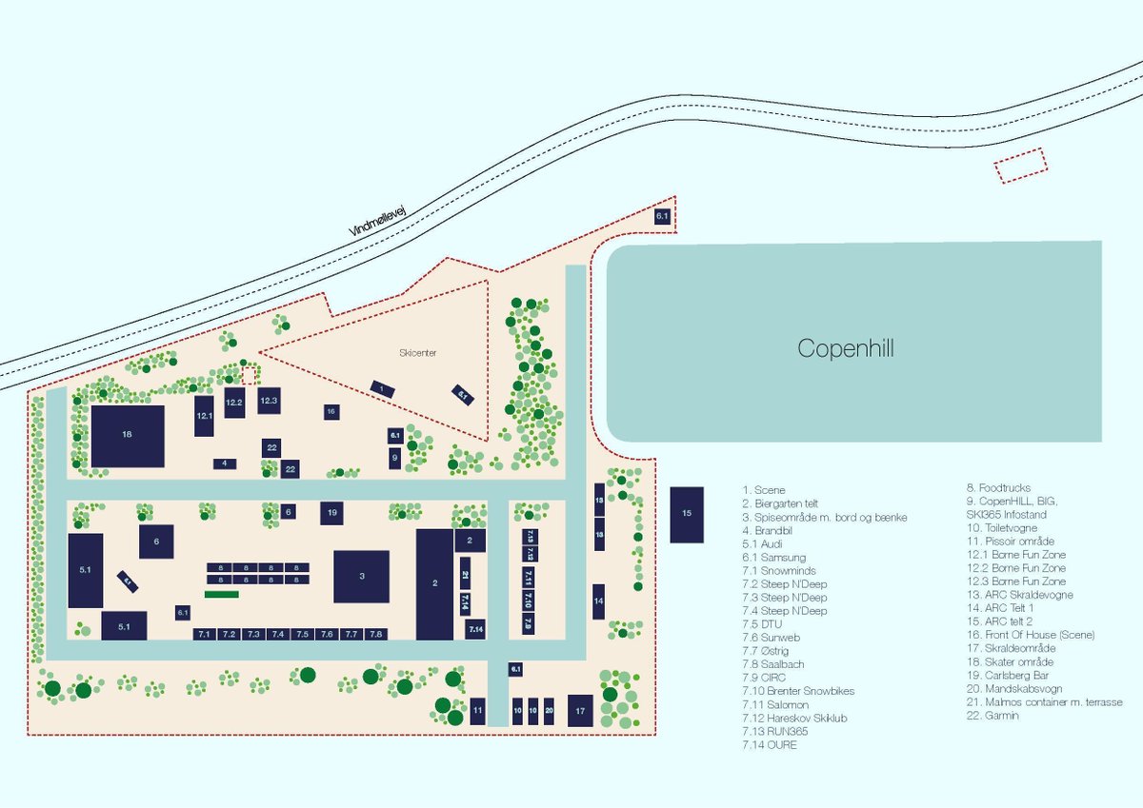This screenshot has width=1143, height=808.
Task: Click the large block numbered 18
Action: (128, 436)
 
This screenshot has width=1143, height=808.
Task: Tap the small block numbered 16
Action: (331, 411)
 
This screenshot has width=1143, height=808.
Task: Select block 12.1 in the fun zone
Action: (204, 417)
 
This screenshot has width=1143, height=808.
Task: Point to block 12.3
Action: (269, 401)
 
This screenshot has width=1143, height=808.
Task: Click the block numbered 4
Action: (225, 463)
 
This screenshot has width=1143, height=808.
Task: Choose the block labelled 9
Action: (394, 458)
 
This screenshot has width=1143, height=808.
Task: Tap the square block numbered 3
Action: (361, 576)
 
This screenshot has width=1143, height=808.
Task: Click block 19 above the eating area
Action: (331, 513)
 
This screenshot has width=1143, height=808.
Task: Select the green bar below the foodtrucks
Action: (221, 594)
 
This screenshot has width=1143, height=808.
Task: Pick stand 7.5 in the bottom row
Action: (302, 634)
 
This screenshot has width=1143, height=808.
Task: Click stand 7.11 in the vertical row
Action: (528, 577)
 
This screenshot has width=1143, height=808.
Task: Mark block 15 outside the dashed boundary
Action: (687, 515)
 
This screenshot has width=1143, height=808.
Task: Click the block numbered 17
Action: (579, 710)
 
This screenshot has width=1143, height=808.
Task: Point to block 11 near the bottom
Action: (478, 710)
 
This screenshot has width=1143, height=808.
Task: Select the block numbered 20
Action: (549, 710)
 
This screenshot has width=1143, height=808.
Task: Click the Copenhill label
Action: (846, 348)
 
